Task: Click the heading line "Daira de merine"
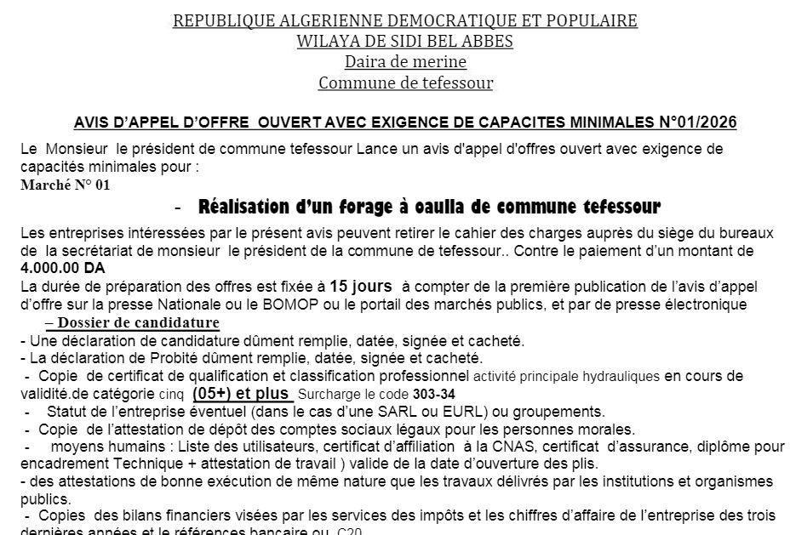point(405,61)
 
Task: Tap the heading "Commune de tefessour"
point(405,83)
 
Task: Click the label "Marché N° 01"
point(66,185)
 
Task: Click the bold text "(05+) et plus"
point(243,394)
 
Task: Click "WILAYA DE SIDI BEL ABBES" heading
point(405,41)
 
